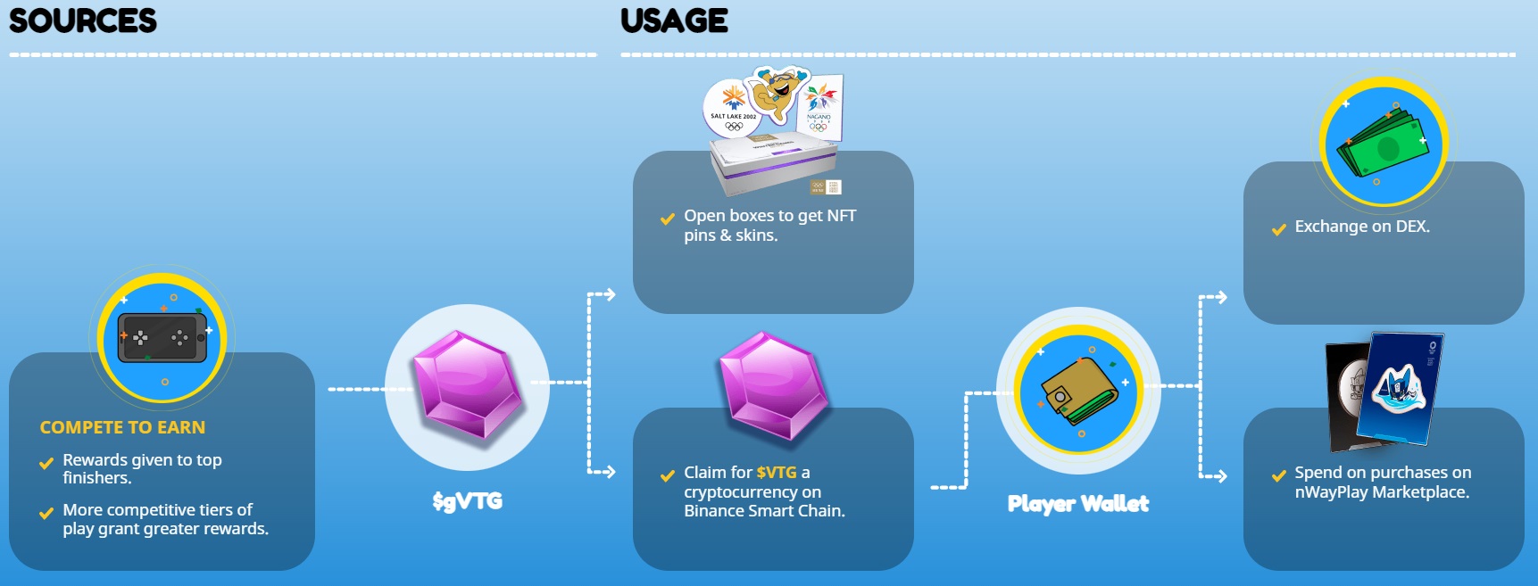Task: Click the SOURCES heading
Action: click(x=82, y=21)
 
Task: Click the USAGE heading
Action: click(x=674, y=21)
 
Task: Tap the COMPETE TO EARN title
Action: click(x=122, y=427)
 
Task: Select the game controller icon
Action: click(x=162, y=337)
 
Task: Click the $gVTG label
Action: click(x=467, y=501)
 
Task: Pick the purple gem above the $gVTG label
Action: click(x=466, y=384)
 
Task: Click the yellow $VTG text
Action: click(x=777, y=473)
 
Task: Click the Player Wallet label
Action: click(x=1077, y=504)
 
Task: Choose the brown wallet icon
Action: click(x=1078, y=392)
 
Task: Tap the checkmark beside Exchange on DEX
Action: click(x=1278, y=229)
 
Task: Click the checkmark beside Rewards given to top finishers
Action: click(x=46, y=463)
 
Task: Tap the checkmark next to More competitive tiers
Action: click(x=46, y=513)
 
